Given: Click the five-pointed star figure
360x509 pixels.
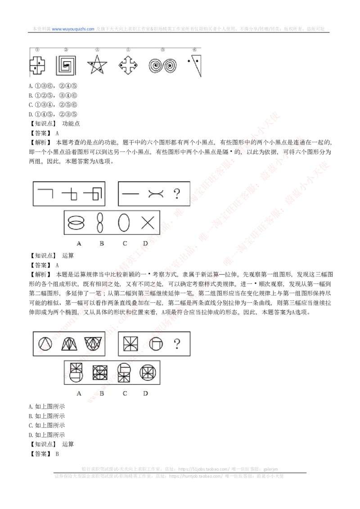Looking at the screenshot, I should (97, 66).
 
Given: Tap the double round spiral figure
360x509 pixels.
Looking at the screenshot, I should (162, 67).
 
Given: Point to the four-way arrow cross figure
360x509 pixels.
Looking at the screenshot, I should (128, 66).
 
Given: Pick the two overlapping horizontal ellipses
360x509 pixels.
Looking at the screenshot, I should (76, 223).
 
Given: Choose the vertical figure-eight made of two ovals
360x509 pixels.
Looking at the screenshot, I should (100, 223).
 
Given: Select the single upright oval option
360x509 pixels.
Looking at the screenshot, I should (124, 223).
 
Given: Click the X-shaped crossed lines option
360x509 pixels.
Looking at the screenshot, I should (148, 223).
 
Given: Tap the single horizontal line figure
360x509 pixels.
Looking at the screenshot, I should (130, 194).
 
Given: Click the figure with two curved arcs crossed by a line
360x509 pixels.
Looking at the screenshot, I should (154, 194).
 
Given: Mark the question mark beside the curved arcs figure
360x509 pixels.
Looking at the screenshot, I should (177, 194).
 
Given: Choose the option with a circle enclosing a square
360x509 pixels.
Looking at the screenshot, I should (147, 373).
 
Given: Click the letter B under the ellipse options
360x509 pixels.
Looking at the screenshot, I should (102, 243).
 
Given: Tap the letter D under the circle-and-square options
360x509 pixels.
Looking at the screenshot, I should (145, 393).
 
